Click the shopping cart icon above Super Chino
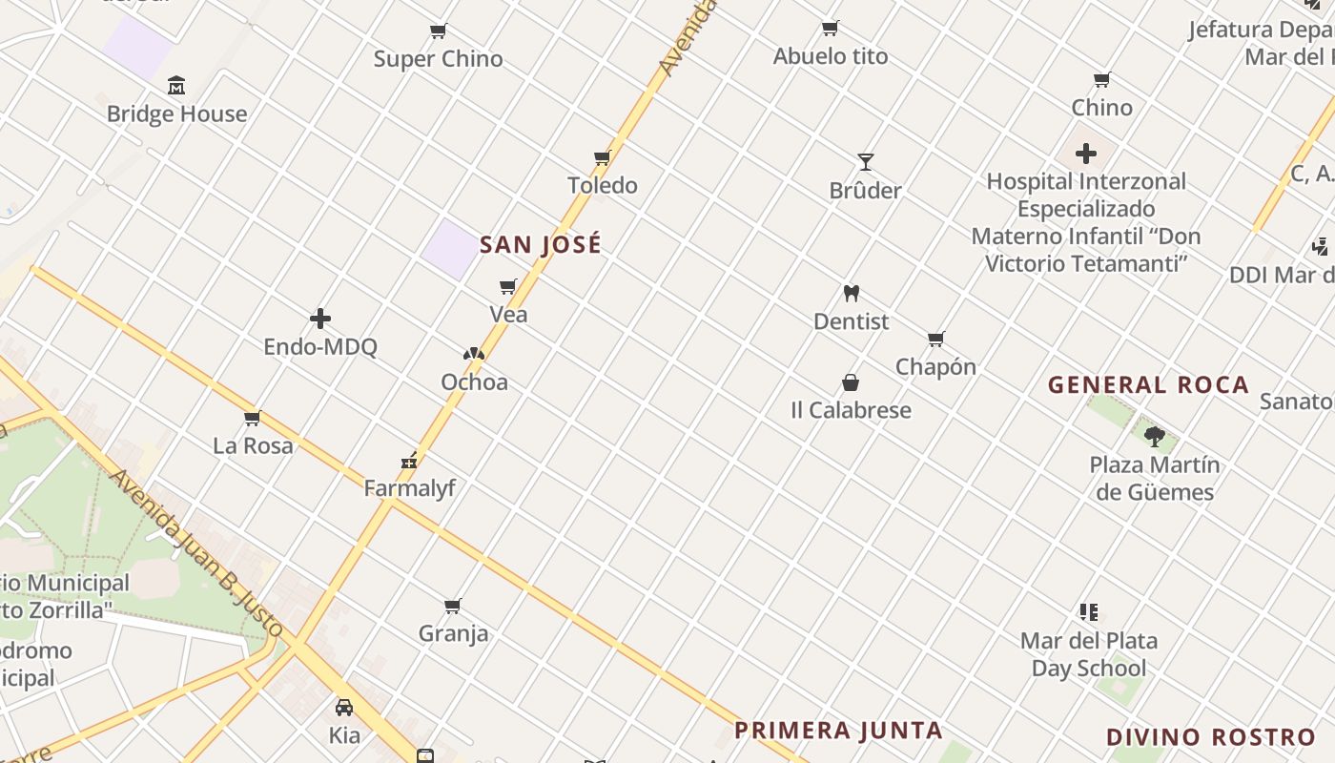click(439, 31)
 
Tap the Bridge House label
click(176, 114)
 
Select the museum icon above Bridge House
click(176, 87)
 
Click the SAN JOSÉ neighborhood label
click(541, 245)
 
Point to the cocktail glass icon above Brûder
click(865, 162)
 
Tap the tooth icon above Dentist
click(852, 294)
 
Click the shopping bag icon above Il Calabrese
click(851, 382)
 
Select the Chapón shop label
click(935, 367)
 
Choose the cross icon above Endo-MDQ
click(320, 319)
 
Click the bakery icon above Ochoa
click(474, 354)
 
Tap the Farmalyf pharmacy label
click(410, 488)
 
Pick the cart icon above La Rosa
click(253, 418)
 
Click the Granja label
click(453, 633)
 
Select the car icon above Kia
click(344, 708)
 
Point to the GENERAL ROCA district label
click(1148, 385)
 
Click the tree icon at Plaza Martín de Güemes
click(1155, 437)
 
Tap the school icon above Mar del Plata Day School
click(1089, 612)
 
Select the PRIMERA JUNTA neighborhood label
click(838, 732)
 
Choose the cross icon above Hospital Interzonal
click(1085, 153)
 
